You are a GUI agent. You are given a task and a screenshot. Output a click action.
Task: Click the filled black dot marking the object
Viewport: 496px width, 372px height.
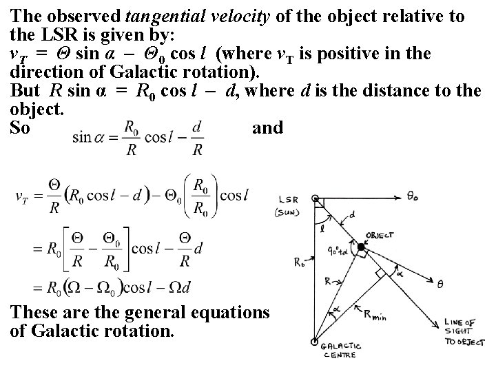click(x=361, y=246)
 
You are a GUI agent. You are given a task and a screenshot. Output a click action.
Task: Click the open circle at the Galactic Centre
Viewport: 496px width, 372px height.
click(x=316, y=342)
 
